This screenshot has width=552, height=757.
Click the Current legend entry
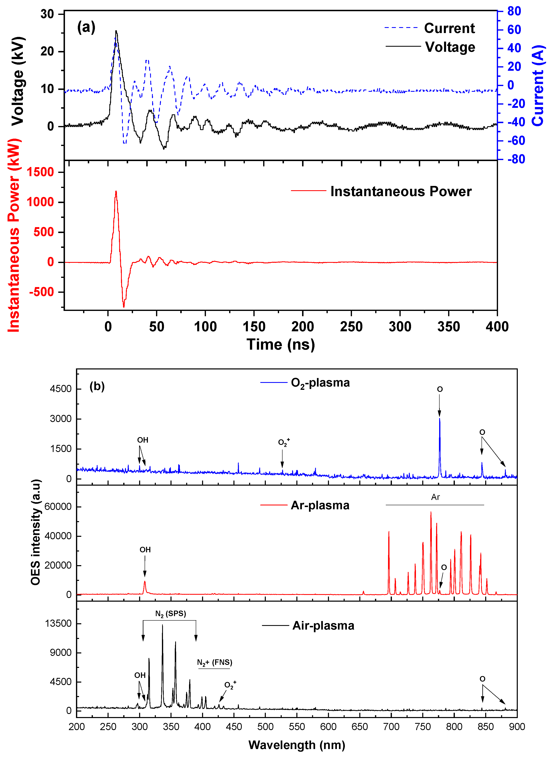[449, 28]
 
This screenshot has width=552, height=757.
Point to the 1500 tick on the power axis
[40, 172]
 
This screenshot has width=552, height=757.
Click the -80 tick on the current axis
[516, 159]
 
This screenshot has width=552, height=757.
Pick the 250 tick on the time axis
[351, 327]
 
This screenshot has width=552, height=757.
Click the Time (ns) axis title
[281, 344]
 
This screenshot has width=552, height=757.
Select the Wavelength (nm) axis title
[297, 745]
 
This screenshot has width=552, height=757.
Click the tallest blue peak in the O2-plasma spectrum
[439, 419]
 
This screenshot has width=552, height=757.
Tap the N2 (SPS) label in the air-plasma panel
[170, 613]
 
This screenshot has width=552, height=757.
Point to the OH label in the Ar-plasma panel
[145, 550]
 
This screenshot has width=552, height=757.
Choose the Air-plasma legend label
[323, 625]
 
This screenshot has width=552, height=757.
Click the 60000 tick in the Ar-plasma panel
[58, 507]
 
